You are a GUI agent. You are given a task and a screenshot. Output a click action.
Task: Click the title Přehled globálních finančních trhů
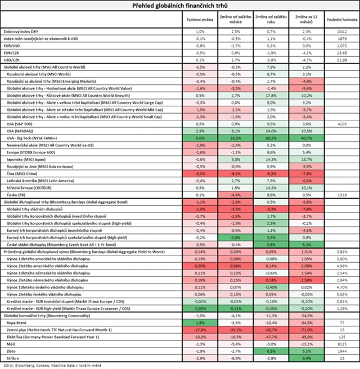coord(180,6)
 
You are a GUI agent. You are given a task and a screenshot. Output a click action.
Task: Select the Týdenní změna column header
coord(200,20)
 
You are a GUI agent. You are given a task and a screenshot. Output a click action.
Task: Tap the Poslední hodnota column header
coord(340,20)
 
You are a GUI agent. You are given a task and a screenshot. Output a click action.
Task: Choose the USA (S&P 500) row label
coord(20,123)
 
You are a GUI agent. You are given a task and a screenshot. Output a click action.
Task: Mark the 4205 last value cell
coord(341,123)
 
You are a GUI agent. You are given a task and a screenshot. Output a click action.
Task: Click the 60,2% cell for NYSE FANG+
coord(271,137)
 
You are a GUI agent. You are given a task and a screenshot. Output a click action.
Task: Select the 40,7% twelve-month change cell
coord(306,137)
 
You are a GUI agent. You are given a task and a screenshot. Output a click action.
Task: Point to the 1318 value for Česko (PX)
coord(341,194)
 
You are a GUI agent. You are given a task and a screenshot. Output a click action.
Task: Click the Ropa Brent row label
coord(17,323)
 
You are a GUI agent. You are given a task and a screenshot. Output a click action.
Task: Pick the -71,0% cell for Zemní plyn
coord(306,330)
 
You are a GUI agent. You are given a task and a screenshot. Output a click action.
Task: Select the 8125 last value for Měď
coord(341,343)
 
